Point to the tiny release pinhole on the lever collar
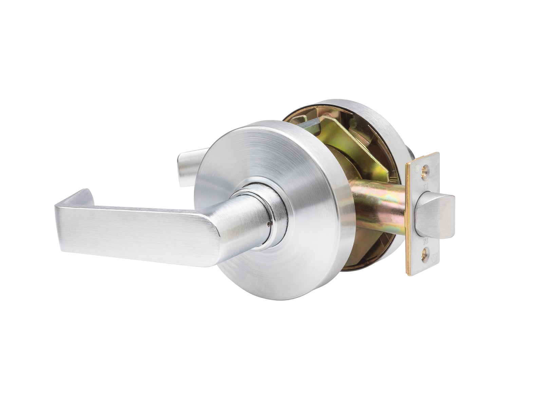click(269, 223)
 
